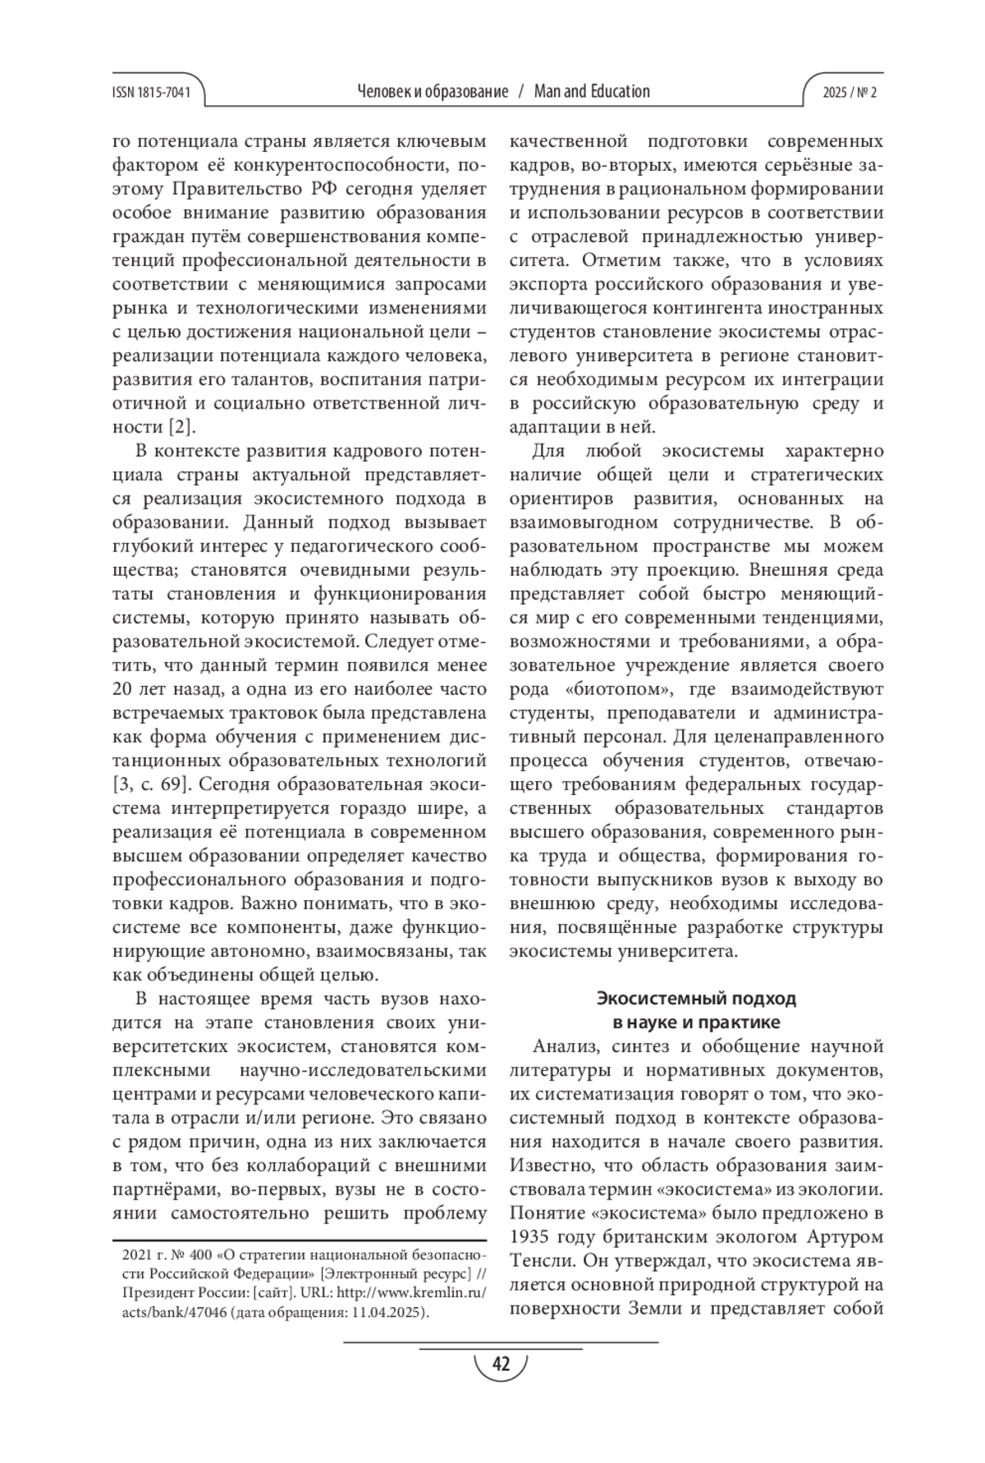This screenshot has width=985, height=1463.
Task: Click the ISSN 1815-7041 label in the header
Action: [150, 93]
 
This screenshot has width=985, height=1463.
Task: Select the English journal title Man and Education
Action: [591, 91]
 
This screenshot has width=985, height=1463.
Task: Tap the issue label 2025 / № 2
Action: [850, 93]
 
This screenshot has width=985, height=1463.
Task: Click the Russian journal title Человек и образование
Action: [433, 91]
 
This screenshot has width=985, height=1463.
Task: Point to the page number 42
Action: [500, 1365]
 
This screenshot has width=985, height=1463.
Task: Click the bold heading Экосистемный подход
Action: [695, 999]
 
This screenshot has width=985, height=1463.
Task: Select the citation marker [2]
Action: [181, 427]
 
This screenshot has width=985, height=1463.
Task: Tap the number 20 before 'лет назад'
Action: [122, 688]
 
